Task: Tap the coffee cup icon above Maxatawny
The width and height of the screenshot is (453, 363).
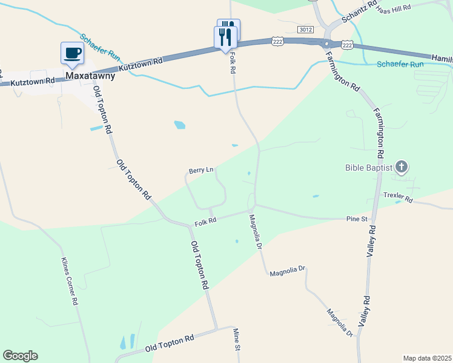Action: [x=73, y=53]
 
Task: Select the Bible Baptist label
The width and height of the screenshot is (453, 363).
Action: [x=369, y=168]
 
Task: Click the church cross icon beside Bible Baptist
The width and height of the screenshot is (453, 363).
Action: [x=402, y=167]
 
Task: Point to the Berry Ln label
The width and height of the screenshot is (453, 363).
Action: [x=201, y=171]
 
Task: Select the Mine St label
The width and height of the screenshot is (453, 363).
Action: [x=237, y=339]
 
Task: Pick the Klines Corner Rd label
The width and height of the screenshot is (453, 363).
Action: [x=70, y=281]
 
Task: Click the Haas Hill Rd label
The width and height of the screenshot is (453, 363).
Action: [x=393, y=8]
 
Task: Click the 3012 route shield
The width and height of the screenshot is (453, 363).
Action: [x=306, y=29]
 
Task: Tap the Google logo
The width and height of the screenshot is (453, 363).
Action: [x=20, y=356]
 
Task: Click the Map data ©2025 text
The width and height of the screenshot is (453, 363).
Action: [x=427, y=358]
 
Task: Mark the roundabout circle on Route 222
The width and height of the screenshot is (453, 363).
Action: [x=328, y=44]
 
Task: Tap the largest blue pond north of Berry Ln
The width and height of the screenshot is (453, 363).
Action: [x=180, y=125]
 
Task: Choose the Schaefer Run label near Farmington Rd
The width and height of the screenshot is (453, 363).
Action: [x=400, y=64]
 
